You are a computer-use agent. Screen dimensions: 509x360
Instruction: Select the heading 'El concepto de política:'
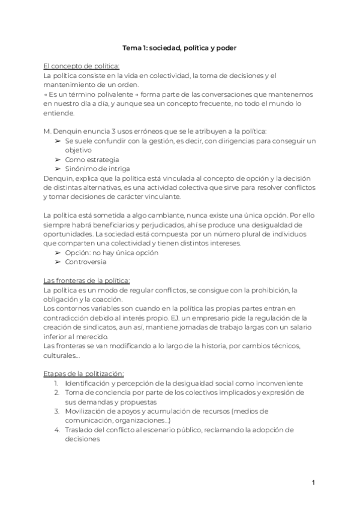[82, 66]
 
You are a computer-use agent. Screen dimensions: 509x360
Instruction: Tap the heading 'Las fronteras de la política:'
[86, 280]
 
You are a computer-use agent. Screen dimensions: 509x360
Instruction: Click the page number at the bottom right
[313, 483]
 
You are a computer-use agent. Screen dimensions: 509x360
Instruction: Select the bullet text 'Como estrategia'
[92, 160]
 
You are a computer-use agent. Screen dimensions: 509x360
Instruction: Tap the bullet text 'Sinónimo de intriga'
[97, 169]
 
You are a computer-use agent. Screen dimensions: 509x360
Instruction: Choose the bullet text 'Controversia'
[86, 262]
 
